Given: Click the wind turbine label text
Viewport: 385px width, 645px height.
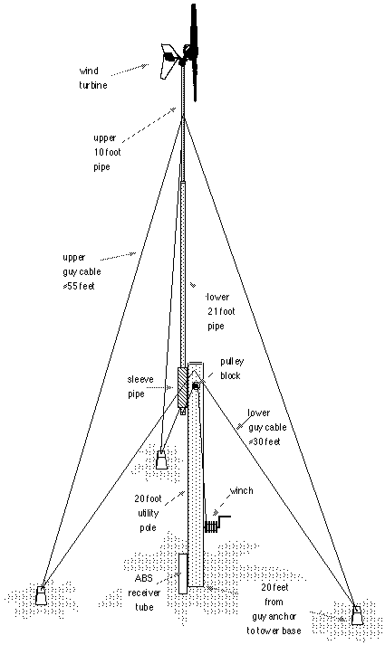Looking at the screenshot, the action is click(x=93, y=78).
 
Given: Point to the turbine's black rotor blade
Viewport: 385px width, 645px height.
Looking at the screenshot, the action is click(x=193, y=52).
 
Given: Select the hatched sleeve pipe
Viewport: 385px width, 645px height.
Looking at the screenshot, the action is click(x=182, y=387).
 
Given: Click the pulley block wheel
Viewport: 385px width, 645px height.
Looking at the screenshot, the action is click(x=196, y=386).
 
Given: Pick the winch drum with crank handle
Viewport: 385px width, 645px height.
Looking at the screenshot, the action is click(x=217, y=525).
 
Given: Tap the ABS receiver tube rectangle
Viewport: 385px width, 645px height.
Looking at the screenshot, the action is click(x=183, y=574).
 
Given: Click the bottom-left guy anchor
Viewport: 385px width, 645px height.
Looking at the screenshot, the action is click(x=41, y=595).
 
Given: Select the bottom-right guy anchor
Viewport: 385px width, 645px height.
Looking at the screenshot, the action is click(x=358, y=615).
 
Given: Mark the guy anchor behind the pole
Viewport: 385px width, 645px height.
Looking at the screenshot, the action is click(x=161, y=460).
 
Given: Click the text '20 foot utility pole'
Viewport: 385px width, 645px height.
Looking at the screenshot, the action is click(x=148, y=513).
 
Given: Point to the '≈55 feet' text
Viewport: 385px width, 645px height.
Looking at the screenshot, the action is click(x=79, y=286).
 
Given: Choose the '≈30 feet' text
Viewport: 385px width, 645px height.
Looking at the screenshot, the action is click(x=265, y=441).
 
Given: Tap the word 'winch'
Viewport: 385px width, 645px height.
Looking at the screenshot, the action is click(x=241, y=490).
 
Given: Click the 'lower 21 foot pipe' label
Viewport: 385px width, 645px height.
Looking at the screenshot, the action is click(x=220, y=311).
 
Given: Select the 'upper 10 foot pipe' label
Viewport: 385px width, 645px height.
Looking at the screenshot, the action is click(x=106, y=152).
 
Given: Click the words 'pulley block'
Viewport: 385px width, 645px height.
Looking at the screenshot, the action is click(x=232, y=368).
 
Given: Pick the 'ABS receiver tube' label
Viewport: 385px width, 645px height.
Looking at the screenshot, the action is click(x=144, y=593).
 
